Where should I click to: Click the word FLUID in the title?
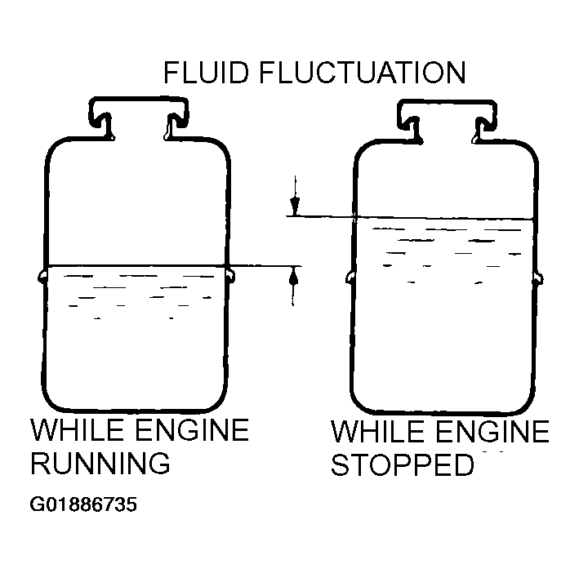coord(206,73)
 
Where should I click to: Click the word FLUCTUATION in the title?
coord(363,73)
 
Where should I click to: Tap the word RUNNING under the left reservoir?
coord(100,463)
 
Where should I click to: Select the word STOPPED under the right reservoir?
coord(402,464)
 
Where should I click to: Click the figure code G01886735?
coord(83,504)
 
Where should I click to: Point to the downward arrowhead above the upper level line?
coord(295,207)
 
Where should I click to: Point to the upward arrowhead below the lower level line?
coord(293,275)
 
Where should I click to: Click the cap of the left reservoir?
coord(138,118)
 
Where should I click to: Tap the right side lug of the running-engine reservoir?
coord(231,276)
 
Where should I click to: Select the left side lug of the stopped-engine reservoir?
coord(350,277)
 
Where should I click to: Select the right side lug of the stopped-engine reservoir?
coord(539,278)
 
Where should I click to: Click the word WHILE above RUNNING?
coord(77,430)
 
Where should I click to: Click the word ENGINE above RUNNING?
coord(192,430)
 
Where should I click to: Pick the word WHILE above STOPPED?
coord(377,431)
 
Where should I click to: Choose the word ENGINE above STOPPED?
coord(492,431)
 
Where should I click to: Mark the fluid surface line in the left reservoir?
coord(136,265)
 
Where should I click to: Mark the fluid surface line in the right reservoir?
coord(444,218)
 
